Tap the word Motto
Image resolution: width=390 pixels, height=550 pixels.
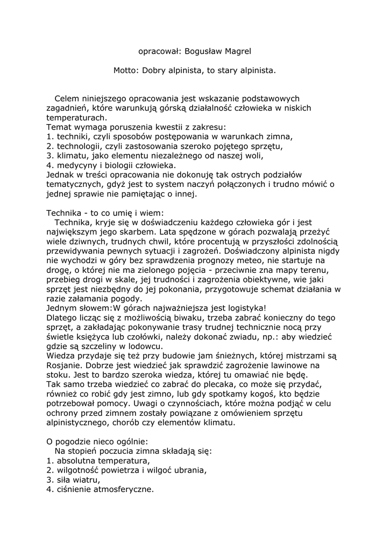tap(125, 70)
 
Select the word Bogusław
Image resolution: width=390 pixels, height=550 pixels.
tap(202, 52)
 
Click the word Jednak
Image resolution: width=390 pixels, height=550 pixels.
tap(60, 175)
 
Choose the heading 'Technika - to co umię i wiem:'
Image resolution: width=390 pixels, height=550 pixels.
tap(104, 213)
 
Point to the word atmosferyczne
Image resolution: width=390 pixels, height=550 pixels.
tap(124, 490)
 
